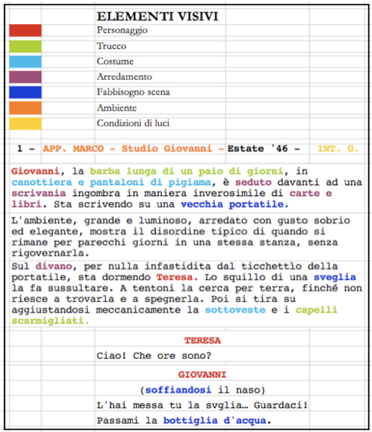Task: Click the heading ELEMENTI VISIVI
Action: click(157, 17)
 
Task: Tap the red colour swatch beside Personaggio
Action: click(25, 31)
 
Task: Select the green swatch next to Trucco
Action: click(25, 46)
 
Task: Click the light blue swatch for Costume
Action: click(25, 62)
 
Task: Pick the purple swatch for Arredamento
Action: click(25, 77)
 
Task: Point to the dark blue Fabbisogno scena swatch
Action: click(25, 92)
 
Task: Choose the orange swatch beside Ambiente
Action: click(25, 108)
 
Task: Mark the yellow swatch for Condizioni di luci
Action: click(25, 123)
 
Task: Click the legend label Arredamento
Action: click(124, 77)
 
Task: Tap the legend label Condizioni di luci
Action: click(133, 123)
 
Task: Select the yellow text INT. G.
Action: click(338, 149)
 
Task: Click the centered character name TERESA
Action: click(202, 341)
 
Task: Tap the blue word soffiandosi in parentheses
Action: click(178, 390)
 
